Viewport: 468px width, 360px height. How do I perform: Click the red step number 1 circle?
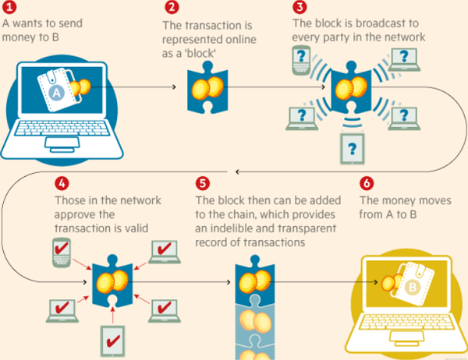coord(9,9)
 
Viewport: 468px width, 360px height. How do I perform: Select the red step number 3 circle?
coord(300,9)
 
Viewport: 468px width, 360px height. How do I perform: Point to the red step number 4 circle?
coord(62,185)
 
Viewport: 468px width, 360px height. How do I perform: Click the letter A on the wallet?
coord(55,94)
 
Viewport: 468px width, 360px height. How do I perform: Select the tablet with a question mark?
coord(353,146)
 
